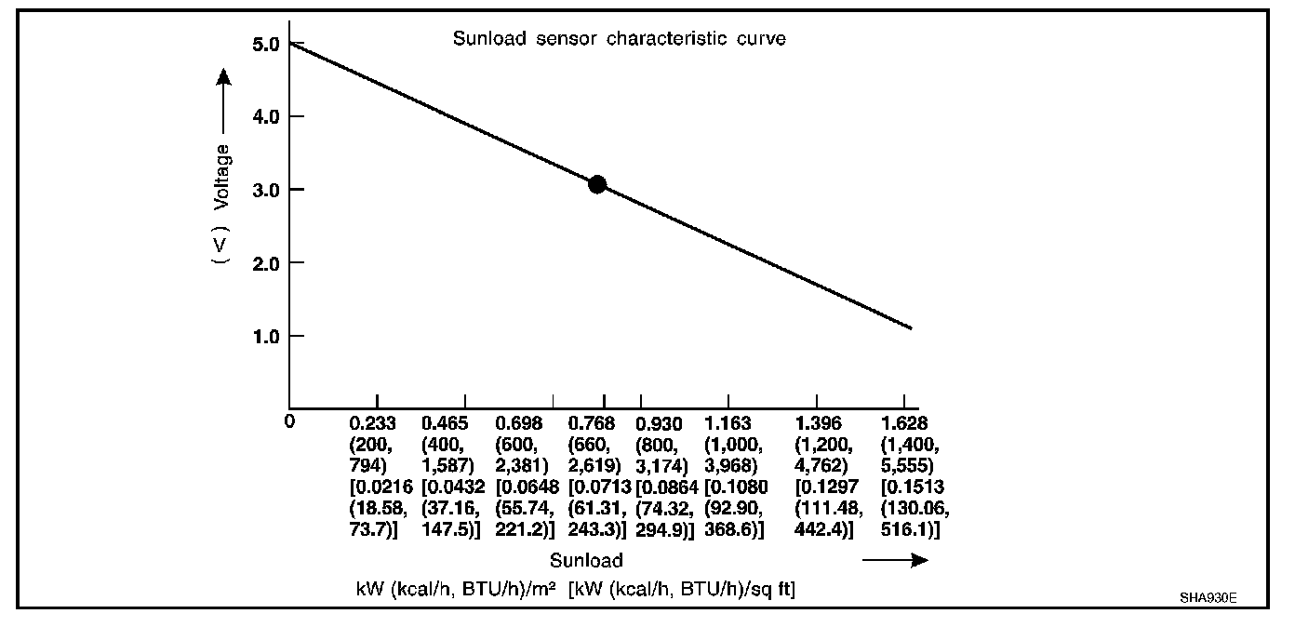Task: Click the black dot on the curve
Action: pyautogui.click(x=597, y=184)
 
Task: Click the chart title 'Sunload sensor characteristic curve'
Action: pyautogui.click(x=619, y=39)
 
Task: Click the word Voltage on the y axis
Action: pyautogui.click(x=221, y=176)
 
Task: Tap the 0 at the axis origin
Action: pyautogui.click(x=290, y=420)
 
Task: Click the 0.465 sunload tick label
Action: pyautogui.click(x=444, y=423)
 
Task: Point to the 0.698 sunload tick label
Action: pyautogui.click(x=518, y=423)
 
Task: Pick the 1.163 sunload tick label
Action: pyautogui.click(x=728, y=423)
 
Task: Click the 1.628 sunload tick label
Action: pyautogui.click(x=903, y=423)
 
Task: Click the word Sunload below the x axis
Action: pyautogui.click(x=585, y=560)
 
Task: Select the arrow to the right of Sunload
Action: pyautogui.click(x=895, y=560)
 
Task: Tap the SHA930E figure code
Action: pyautogui.click(x=1207, y=597)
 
